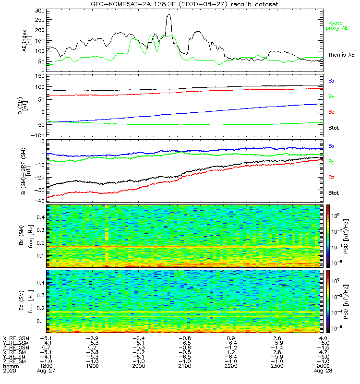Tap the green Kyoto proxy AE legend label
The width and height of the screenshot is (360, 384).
click(x=338, y=25)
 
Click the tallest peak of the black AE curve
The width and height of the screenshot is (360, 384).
click(x=168, y=14)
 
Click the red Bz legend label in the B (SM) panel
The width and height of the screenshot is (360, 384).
click(x=331, y=112)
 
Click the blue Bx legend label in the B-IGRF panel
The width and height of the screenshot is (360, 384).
click(x=331, y=146)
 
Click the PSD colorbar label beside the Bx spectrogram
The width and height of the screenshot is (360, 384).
click(x=354, y=235)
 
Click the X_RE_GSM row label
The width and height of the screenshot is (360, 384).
click(x=16, y=337)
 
